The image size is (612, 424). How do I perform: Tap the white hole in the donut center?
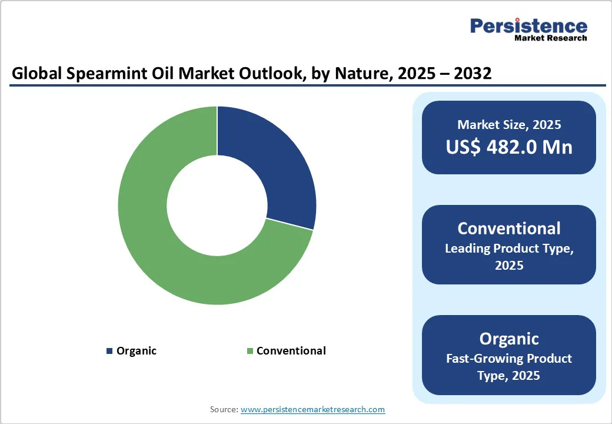coord(217,206)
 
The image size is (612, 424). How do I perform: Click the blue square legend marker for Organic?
coord(109,351)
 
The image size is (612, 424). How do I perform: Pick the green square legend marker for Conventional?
coord(250,351)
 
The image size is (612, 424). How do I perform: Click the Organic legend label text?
coord(137,351)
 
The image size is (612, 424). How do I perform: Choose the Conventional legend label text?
coord(291,351)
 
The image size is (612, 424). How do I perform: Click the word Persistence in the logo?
coord(528,26)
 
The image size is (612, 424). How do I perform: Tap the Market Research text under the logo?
coord(550,38)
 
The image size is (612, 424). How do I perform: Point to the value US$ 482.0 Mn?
coord(509,147)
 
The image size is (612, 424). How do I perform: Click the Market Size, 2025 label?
coord(509,125)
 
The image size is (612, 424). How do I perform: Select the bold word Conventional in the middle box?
coord(509,228)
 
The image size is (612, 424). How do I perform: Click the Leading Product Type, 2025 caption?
coord(509,257)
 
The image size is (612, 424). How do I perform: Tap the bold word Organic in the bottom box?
coord(509,339)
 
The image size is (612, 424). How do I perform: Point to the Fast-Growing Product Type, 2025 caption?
coord(509,366)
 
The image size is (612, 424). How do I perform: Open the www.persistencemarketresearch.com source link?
coord(312,409)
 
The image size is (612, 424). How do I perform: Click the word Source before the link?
coord(223,409)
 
